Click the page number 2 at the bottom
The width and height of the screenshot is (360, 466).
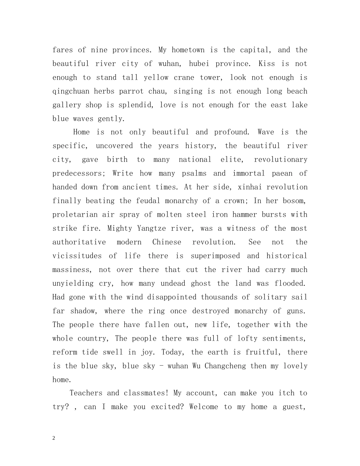(x=54, y=438)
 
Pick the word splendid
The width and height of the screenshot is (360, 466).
(x=136, y=105)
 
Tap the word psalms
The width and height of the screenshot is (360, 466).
(x=195, y=174)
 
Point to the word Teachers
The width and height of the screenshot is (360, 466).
(x=86, y=393)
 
